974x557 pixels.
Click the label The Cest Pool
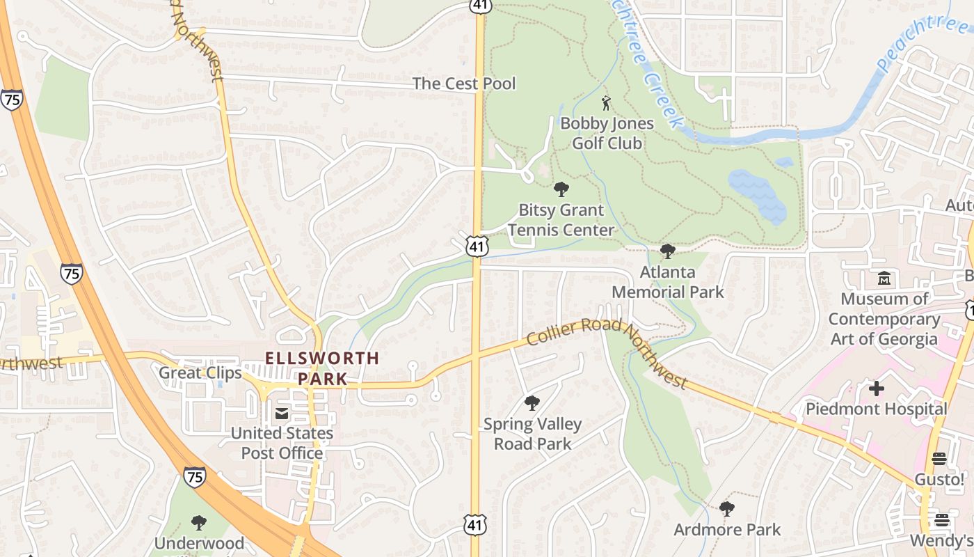pos(464,84)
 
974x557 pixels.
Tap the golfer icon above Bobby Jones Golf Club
pos(607,103)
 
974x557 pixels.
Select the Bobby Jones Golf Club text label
pos(607,133)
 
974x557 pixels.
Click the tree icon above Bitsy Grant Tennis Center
pos(561,189)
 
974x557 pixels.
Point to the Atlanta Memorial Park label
pos(668,282)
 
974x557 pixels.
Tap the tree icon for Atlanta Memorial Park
pos(668,251)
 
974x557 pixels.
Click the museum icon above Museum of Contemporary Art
pos(884,278)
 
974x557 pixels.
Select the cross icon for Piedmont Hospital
pos(877,388)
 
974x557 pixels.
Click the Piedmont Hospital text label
pos(877,409)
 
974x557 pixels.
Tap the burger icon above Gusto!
pos(939,459)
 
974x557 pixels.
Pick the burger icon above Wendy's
pos(942,520)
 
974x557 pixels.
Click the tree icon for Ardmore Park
pos(727,509)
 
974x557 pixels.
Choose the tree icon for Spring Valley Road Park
pos(532,403)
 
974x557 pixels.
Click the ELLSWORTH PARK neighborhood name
pos(323,368)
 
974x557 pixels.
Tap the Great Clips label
pos(200,372)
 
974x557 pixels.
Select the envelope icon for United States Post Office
pos(282,414)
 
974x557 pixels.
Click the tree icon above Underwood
pos(199,522)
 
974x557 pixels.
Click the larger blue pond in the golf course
pos(758,195)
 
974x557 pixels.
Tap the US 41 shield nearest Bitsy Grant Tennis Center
pos(478,246)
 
